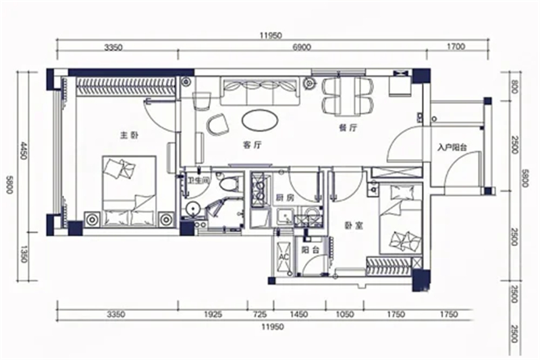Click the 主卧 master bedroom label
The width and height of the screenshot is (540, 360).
tap(130, 135)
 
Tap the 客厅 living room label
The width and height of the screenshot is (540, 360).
tap(252, 145)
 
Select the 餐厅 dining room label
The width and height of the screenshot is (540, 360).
tap(348, 128)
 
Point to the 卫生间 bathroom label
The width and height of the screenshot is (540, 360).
tap(198, 180)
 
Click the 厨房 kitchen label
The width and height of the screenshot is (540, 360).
tap(285, 198)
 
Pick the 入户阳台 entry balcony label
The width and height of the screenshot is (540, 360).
tap(452, 148)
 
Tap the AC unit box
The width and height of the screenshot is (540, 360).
tap(284, 256)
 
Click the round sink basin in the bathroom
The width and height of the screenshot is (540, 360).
tap(192, 209)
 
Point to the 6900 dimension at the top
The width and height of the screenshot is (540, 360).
tap(302, 47)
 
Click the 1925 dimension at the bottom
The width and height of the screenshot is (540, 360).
tap(213, 314)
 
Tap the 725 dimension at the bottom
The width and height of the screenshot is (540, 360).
tap(260, 314)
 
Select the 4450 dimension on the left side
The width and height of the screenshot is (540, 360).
tap(24, 150)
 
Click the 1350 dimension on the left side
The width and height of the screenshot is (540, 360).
tap(24, 253)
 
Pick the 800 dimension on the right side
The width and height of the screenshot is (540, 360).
tap(515, 87)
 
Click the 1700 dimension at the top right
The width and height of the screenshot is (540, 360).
tap(456, 47)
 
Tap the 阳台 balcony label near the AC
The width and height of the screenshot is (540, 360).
tap(310, 250)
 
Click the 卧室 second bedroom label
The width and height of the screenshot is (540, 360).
tap(354, 226)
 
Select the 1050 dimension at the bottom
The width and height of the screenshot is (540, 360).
tap(345, 314)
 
